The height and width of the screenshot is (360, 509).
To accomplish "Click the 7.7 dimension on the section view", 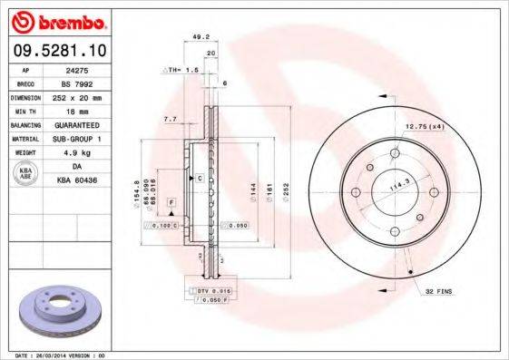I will pyautogui.click(x=169, y=119).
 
